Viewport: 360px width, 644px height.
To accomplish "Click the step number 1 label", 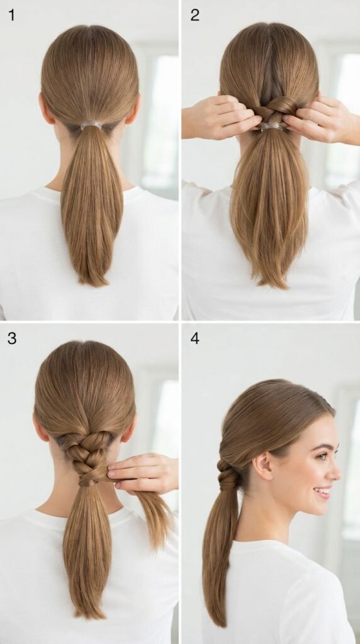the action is pyautogui.click(x=11, y=15).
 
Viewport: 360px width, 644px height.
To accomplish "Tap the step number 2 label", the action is pyautogui.click(x=195, y=15).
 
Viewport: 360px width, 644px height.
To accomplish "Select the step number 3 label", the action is pyautogui.click(x=12, y=338).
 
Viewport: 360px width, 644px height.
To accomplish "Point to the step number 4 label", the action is pyautogui.click(x=195, y=338).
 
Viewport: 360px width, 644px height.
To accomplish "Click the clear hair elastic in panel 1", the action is pyautogui.click(x=91, y=125).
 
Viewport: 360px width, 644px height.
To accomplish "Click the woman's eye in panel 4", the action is pyautogui.click(x=322, y=455).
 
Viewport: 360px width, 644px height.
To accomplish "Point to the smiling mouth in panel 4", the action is pyautogui.click(x=324, y=492).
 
